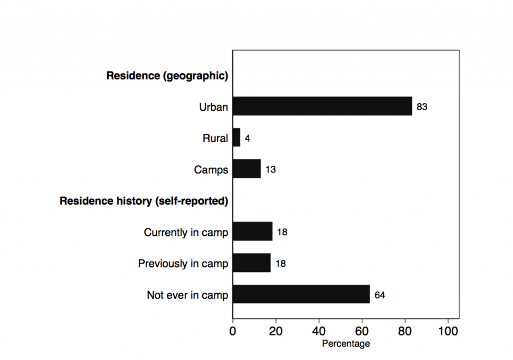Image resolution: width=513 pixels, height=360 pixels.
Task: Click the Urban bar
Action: tap(322, 106)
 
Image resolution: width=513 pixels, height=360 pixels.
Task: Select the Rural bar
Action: tap(236, 138)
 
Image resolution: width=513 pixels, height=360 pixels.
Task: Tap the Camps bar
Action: tap(246, 169)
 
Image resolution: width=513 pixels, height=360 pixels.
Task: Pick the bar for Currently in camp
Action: tap(252, 232)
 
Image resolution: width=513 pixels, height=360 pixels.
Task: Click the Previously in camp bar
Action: tap(251, 263)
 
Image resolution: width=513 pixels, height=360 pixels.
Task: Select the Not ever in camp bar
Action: tap(301, 294)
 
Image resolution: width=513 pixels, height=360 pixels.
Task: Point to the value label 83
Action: tap(422, 107)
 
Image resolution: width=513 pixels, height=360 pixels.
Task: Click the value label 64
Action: tap(380, 295)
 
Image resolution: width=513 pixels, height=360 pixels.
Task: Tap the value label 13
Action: tap(271, 170)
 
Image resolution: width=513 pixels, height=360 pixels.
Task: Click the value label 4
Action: tap(247, 138)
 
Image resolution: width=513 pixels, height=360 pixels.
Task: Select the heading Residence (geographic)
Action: tap(167, 76)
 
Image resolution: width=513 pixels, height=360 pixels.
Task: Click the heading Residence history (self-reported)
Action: tap(144, 201)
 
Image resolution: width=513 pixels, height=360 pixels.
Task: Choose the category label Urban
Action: tap(213, 107)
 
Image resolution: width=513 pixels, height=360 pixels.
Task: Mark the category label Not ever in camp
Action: tap(187, 295)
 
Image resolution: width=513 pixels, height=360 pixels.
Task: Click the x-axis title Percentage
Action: tap(346, 344)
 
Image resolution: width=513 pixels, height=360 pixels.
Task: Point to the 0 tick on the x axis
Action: tap(232, 331)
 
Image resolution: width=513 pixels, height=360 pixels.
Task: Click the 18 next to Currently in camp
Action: tap(282, 232)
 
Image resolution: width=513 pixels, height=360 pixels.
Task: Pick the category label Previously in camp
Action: tap(183, 264)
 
